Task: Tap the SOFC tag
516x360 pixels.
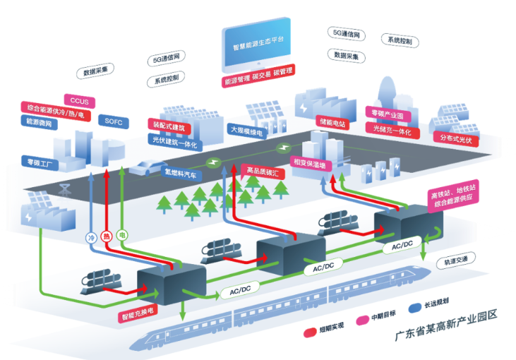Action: click(113, 121)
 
